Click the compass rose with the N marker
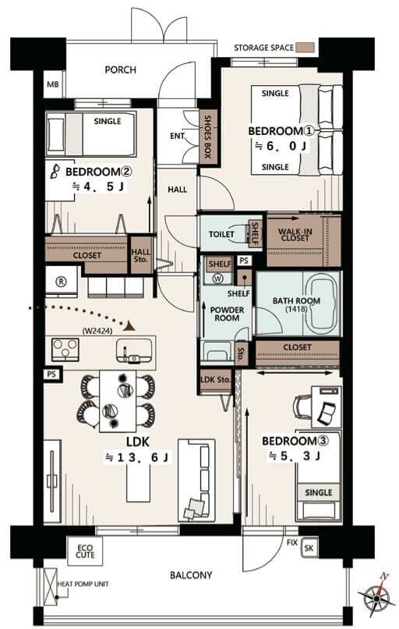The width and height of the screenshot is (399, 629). [x=376, y=596]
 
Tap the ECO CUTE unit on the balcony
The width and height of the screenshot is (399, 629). [x=85, y=552]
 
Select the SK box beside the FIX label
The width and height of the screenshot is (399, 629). [x=309, y=548]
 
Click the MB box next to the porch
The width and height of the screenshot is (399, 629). [x=53, y=84]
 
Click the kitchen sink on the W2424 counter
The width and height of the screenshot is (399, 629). [x=134, y=351]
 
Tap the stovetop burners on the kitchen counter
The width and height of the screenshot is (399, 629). [x=65, y=350]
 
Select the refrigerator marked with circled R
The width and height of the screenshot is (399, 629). [x=62, y=281]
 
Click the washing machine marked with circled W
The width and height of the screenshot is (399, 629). [x=218, y=279]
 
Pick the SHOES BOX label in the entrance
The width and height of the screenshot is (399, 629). [x=208, y=137]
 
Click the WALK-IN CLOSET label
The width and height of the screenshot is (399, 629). [x=295, y=235]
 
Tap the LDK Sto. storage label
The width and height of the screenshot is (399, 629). [x=216, y=379]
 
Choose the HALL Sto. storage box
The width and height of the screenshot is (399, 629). [x=141, y=255]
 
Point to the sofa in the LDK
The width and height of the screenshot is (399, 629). [x=196, y=480]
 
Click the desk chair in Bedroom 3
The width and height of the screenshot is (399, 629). [x=302, y=407]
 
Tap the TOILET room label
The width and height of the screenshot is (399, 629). [x=221, y=234]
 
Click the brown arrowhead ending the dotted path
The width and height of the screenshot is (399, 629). [x=129, y=325]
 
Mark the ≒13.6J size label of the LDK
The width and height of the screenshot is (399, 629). [x=136, y=457]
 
